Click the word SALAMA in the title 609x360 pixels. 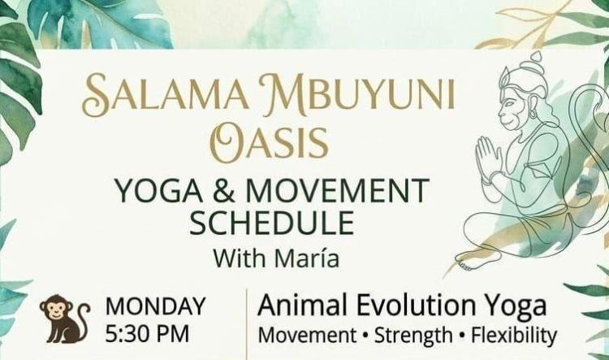coord(166,94)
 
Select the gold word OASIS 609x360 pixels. coord(269,142)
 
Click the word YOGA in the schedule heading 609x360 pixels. coord(159,190)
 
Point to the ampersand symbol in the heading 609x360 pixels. coord(224,190)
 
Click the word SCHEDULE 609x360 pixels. coord(271,223)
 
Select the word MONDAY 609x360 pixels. coord(155,306)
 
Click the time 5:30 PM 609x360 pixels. coord(147,334)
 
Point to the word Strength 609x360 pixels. coord(413,336)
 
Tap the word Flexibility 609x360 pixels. coord(514,336)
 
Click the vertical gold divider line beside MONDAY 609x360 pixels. coord(247,324)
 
